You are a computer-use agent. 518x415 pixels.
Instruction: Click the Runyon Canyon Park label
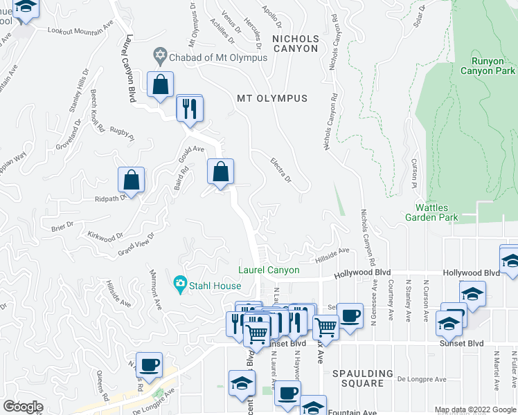[488, 66]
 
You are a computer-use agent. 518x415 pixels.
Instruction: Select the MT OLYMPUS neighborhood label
[272, 98]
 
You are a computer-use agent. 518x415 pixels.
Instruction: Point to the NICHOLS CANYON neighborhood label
[295, 44]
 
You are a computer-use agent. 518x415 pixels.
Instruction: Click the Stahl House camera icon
[181, 282]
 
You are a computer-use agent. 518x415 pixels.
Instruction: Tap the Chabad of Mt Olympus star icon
[161, 54]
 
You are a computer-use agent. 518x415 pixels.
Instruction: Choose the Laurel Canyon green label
[269, 270]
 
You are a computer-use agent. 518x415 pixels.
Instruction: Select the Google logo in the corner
[22, 407]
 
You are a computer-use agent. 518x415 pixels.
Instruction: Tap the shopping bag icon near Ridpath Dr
[131, 180]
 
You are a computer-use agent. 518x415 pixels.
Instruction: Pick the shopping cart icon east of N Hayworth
[325, 326]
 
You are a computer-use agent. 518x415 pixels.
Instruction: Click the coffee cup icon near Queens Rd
[149, 365]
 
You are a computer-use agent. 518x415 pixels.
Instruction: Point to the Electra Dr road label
[280, 169]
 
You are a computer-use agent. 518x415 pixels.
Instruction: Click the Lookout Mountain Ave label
[80, 30]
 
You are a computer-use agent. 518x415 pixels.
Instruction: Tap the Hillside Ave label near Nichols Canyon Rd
[333, 254]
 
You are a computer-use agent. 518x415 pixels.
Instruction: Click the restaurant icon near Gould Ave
[188, 108]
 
